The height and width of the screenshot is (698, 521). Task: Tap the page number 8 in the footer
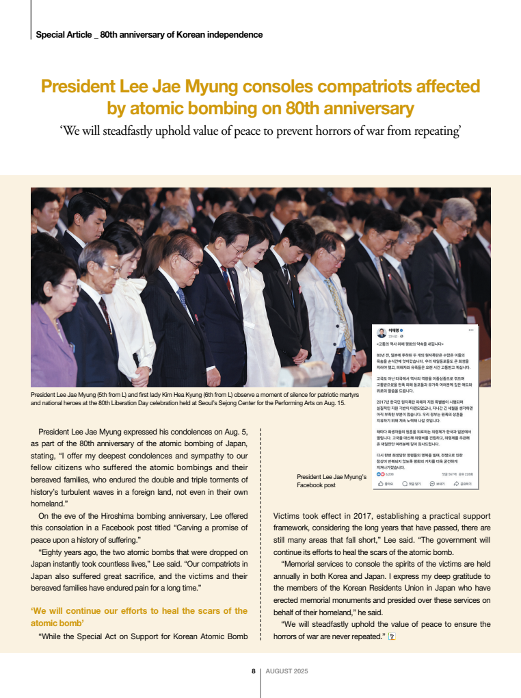point(253,671)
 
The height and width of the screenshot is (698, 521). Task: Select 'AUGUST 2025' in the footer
point(286,671)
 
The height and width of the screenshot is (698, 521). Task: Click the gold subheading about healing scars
point(139,617)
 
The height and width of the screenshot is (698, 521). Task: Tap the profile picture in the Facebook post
point(382,333)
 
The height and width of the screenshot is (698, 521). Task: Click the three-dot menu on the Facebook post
point(470,330)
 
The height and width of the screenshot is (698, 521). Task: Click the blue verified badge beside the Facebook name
point(401,330)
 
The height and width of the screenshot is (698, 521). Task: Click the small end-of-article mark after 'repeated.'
point(391,637)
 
